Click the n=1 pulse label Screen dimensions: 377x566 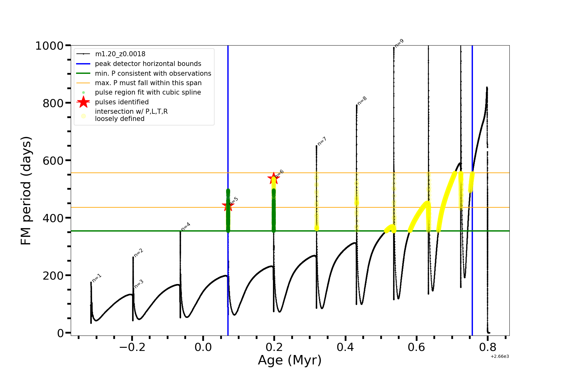tap(97, 278)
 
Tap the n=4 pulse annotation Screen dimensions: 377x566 tap(186, 227)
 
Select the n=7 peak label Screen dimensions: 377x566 tap(322, 141)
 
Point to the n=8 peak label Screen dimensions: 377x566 tap(362, 101)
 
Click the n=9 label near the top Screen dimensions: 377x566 tap(399, 43)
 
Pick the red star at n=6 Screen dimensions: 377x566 tap(274, 178)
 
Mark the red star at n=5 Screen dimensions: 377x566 tap(228, 206)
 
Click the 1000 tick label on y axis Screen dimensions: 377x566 tap(49, 46)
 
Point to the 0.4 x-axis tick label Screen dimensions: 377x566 tap(345, 347)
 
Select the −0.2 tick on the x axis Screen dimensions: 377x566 tap(132, 347)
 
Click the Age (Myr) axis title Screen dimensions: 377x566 tap(290, 360)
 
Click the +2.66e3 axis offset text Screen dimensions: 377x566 tap(500, 356)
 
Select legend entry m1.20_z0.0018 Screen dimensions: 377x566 tap(120, 54)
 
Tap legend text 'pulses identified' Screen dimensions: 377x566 tap(122, 102)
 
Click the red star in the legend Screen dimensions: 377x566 tap(83, 102)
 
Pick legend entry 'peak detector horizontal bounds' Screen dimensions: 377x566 tap(148, 64)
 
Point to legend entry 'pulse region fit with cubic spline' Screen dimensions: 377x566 tap(148, 92)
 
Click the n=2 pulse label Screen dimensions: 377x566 tap(139, 253)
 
